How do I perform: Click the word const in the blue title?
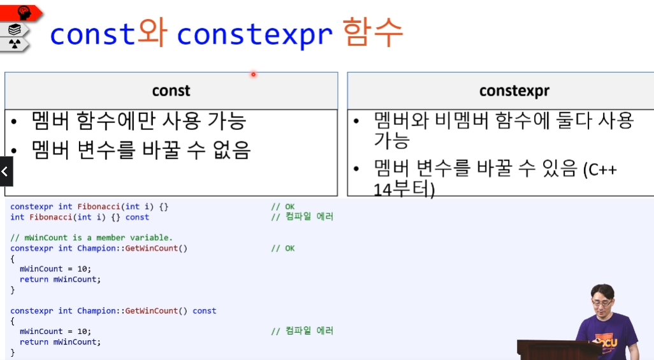pos(92,34)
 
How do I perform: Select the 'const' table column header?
pos(171,91)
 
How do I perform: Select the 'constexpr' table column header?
pos(514,91)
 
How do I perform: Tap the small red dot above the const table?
pos(253,75)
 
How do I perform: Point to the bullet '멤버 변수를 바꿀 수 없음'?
pos(141,150)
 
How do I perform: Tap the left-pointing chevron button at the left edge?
pos(5,171)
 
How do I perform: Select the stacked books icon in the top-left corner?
pos(15,29)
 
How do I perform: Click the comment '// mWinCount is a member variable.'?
pos(92,238)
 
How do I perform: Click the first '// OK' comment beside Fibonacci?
pos(282,206)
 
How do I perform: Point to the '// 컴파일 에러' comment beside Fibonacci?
pos(302,217)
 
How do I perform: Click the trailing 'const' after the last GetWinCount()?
pos(204,311)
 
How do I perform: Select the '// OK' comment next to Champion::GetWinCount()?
pos(282,248)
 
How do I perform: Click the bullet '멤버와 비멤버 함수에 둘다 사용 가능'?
pos(504,129)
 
